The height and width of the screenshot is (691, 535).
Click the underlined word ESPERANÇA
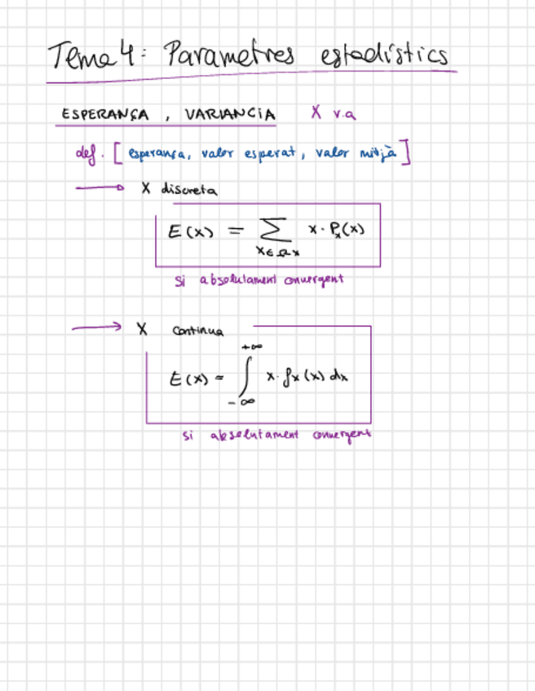[105, 115]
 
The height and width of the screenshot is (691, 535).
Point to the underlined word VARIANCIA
[228, 114]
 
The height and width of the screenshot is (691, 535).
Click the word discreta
[189, 189]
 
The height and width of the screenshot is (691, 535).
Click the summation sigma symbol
[272, 231]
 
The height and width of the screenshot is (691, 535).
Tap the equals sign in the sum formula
[235, 231]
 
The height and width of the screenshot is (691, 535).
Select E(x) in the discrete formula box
[190, 231]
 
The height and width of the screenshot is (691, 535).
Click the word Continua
[199, 331]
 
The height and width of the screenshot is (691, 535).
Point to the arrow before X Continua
[96, 328]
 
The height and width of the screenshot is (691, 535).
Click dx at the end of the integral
[339, 378]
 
